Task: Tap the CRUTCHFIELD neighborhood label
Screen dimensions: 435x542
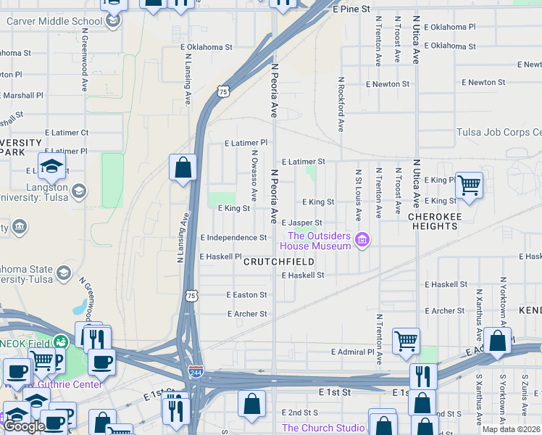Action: coord(278,261)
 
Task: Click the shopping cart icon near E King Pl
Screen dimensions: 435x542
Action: coord(469,186)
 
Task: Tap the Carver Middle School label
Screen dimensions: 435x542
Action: coord(54,21)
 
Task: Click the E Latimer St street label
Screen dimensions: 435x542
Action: coord(304,162)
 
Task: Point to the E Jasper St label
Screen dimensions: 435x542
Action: coord(301,223)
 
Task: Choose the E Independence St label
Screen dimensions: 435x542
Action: coord(233,238)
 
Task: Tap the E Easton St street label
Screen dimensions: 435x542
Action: coord(246,295)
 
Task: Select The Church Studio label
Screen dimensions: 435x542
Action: coord(323,428)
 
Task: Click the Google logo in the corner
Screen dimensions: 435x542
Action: coord(24,426)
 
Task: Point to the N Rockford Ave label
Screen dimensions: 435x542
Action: coord(340,104)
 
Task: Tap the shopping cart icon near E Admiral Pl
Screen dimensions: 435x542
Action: coord(406,340)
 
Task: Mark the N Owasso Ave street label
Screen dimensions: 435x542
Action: coord(254,175)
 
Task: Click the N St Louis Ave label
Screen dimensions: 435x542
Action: coord(358,196)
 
